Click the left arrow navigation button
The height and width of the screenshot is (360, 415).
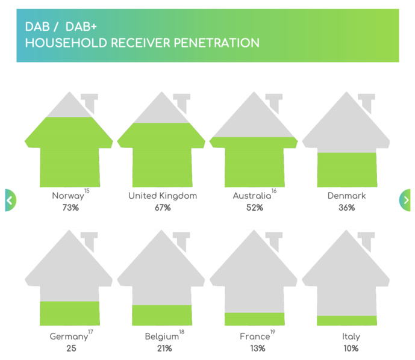click(x=10, y=200)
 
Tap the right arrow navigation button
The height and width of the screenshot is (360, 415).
click(x=405, y=200)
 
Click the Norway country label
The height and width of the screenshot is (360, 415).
click(x=67, y=196)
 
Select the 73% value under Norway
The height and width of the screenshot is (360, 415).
click(x=70, y=208)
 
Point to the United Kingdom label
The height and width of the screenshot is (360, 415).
click(x=163, y=196)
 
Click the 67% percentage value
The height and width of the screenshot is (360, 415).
click(x=163, y=208)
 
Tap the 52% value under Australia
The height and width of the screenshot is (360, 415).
click(x=254, y=208)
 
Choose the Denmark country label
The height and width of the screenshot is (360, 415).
click(x=346, y=196)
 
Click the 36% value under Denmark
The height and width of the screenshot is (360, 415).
click(x=346, y=208)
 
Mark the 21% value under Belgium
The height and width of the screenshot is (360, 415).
click(x=163, y=349)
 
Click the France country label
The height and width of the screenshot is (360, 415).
click(x=253, y=337)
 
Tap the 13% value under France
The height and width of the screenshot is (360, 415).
click(x=254, y=349)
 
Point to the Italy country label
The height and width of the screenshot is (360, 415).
click(x=347, y=337)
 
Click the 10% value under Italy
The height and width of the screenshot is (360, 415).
click(x=347, y=349)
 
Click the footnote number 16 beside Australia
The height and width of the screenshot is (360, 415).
click(x=274, y=191)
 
